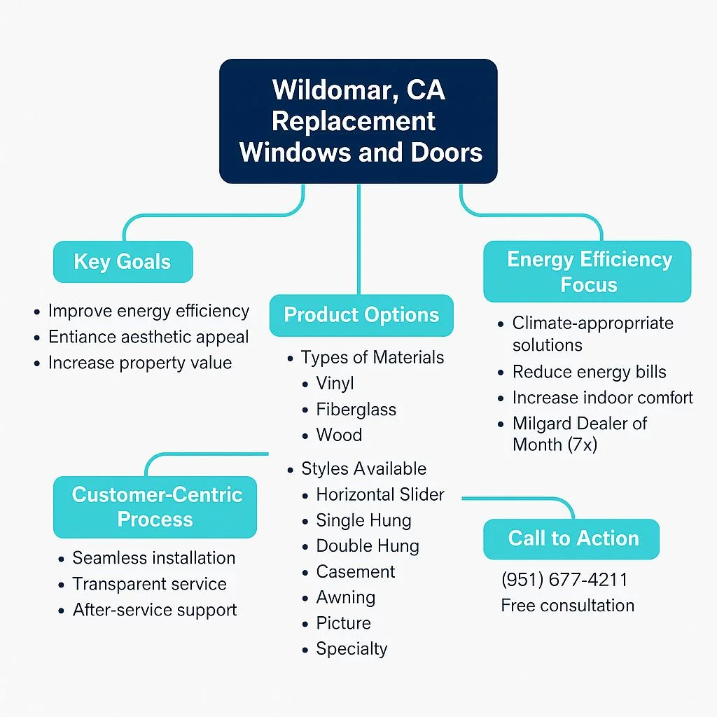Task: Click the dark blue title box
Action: tap(358, 121)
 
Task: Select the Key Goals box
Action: tap(123, 262)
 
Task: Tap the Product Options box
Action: tap(361, 315)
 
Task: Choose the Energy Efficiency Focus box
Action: tap(588, 272)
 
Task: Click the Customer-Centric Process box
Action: tap(155, 507)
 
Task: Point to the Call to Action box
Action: tap(572, 538)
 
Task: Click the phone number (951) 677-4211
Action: tap(564, 580)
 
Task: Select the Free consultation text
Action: tap(567, 606)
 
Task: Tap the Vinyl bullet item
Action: tap(335, 384)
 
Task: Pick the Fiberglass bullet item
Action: tap(356, 410)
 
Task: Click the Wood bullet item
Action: tap(339, 435)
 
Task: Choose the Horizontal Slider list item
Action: tap(380, 494)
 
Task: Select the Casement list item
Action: tap(356, 571)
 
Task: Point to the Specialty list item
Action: tap(351, 648)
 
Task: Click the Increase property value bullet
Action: tap(139, 363)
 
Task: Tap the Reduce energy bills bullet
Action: tap(589, 372)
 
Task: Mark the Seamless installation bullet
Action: tap(153, 558)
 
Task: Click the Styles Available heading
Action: tap(363, 468)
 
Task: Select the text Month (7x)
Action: tap(555, 444)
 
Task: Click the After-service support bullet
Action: tap(155, 609)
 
